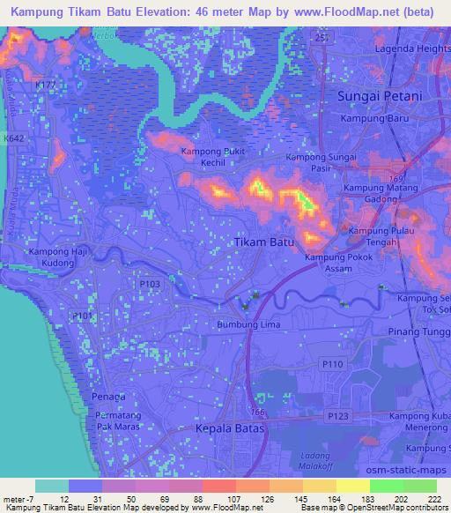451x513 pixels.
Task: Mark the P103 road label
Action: click(x=150, y=284)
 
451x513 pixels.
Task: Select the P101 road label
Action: click(x=82, y=315)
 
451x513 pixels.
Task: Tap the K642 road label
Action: click(x=13, y=139)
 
